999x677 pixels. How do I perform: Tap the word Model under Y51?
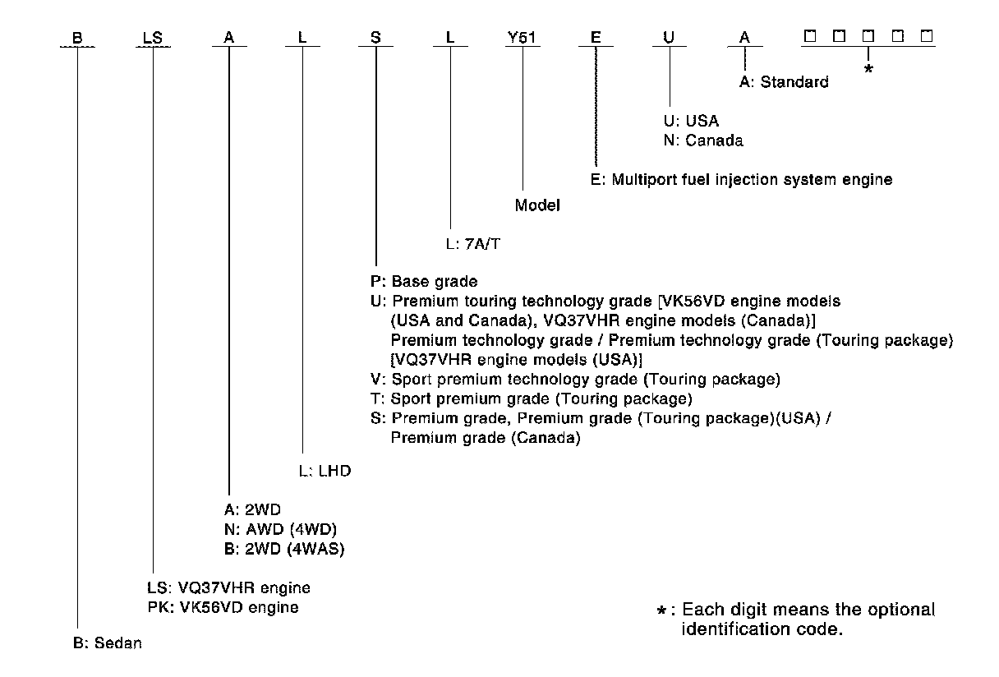click(x=537, y=205)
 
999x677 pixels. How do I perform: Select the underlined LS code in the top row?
click(x=153, y=37)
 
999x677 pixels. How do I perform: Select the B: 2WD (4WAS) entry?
click(x=275, y=550)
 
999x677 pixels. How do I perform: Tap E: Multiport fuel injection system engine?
click(x=741, y=179)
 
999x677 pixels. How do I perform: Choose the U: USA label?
click(x=691, y=121)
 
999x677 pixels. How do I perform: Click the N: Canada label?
click(x=703, y=140)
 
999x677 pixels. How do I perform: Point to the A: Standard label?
click(x=783, y=82)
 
